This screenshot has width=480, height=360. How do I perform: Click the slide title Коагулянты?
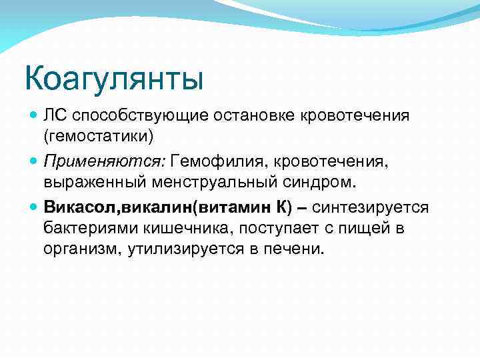pyautogui.click(x=113, y=77)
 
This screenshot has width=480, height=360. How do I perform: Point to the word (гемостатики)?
pyautogui.click(x=98, y=136)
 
